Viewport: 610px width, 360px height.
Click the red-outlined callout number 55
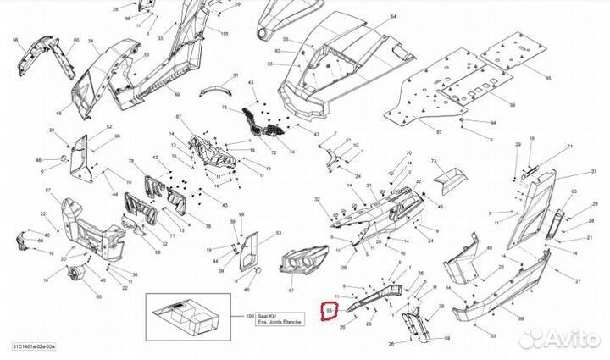click(328, 313)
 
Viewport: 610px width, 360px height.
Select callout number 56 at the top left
click(14, 40)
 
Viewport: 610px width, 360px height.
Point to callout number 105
click(225, 33)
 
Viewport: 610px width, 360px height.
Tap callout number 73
click(433, 161)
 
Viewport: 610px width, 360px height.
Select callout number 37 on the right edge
click(582, 170)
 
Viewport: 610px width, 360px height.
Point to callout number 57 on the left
click(47, 191)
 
